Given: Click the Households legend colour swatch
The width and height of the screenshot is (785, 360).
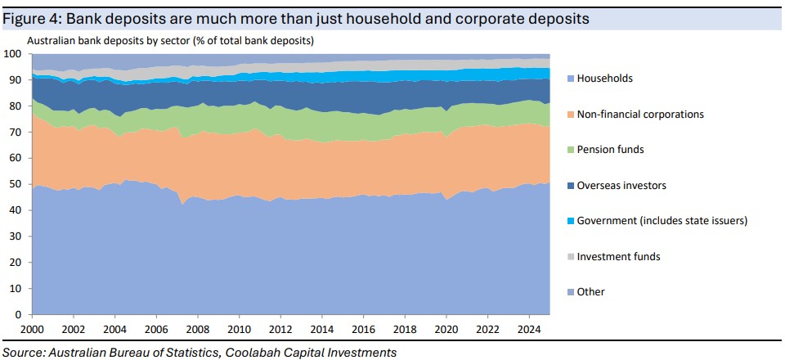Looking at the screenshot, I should [x=569, y=79].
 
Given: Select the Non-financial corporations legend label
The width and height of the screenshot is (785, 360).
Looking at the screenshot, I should [x=640, y=115].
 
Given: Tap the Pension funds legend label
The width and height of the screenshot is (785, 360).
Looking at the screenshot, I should [x=611, y=150].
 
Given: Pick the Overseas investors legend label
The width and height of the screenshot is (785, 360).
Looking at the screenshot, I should [x=621, y=186].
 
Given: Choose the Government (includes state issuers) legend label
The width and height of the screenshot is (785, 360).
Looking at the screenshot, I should [x=662, y=221].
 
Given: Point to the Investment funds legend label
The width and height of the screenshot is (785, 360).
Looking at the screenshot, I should [x=618, y=257].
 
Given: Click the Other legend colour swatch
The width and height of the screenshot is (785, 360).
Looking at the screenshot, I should [x=569, y=292].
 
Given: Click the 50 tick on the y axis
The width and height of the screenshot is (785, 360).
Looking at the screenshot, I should [x=14, y=184].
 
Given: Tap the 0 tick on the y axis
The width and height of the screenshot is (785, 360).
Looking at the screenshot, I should [x=17, y=314].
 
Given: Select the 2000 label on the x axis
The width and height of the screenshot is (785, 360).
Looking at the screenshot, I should [x=32, y=330].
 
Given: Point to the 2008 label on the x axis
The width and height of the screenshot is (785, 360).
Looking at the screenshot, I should [x=197, y=330].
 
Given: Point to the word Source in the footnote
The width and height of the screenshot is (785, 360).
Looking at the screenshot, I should [x=25, y=353].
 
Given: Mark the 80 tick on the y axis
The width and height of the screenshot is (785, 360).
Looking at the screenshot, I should [x=14, y=106].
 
